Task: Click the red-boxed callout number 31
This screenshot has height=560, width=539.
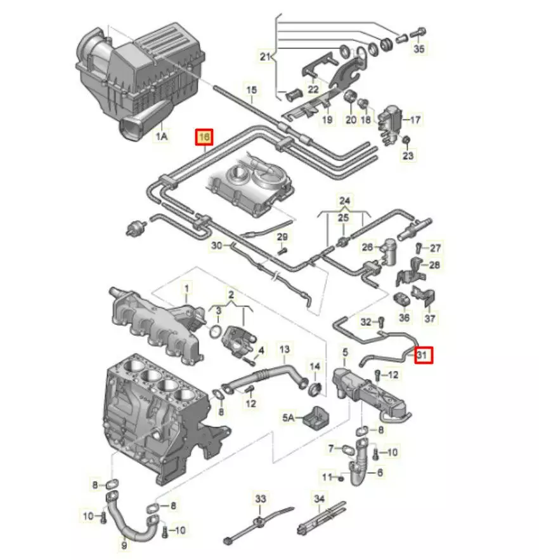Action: [422, 356]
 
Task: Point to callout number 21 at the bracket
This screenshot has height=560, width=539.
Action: [265, 57]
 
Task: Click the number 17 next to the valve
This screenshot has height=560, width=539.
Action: [415, 119]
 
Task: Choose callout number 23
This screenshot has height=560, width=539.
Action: [407, 155]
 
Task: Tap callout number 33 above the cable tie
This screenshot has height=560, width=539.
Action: [261, 499]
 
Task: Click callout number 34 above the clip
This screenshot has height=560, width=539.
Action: [319, 499]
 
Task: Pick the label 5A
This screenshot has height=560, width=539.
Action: [289, 417]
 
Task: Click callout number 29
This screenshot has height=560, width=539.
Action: [283, 236]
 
